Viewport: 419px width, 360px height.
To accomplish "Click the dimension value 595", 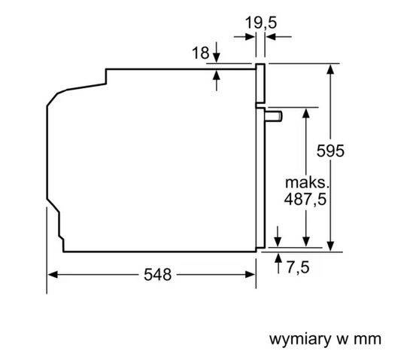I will click(329, 151).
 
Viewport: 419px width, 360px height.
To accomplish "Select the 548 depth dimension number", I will click(156, 275).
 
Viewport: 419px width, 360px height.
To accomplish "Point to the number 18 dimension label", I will click(199, 53).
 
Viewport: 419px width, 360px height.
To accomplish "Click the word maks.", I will click(308, 182).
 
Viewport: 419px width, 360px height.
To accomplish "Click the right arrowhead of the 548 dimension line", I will click(252, 275).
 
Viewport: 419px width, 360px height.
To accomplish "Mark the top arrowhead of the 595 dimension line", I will click(330, 69).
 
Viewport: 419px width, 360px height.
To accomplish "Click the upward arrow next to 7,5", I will click(278, 262).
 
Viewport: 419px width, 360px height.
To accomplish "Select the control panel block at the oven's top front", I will click(261, 83).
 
